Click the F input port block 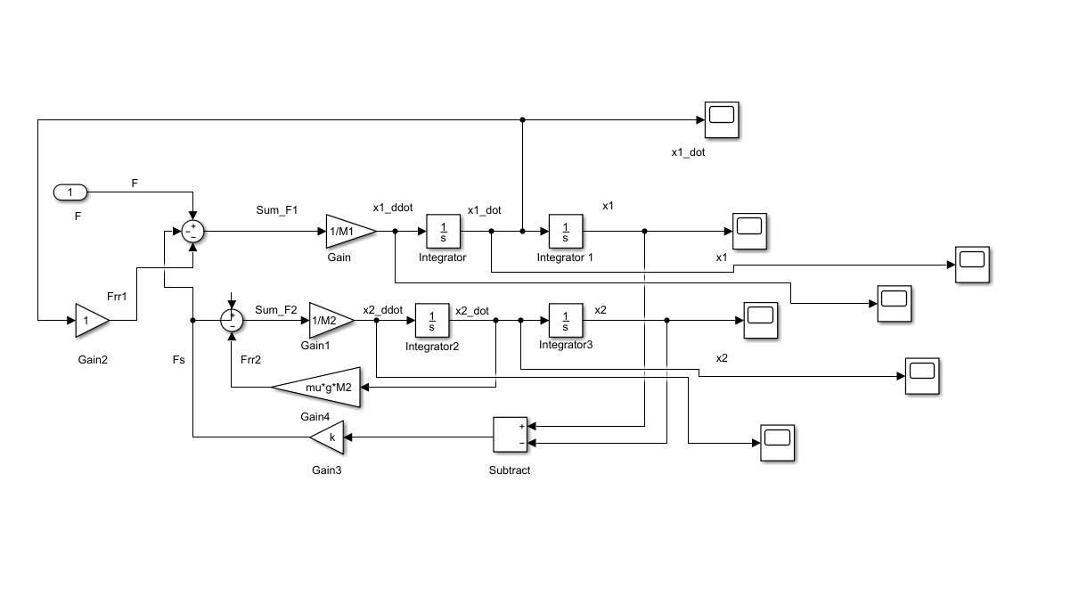tap(70, 192)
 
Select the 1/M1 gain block tap(350, 232)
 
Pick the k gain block tap(327, 437)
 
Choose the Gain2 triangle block tap(92, 320)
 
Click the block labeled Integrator tap(444, 232)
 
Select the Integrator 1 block tap(566, 232)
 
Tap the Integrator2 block tap(432, 320)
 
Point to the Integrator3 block tap(566, 320)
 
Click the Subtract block tap(510, 435)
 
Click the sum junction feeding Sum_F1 tap(192, 232)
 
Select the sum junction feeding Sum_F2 tap(232, 320)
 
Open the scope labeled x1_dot tap(722, 119)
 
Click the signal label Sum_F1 tap(276, 210)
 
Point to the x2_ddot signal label tap(383, 310)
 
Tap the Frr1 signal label tap(117, 297)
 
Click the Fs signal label tap(178, 359)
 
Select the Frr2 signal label tap(251, 359)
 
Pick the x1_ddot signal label tap(393, 208)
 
